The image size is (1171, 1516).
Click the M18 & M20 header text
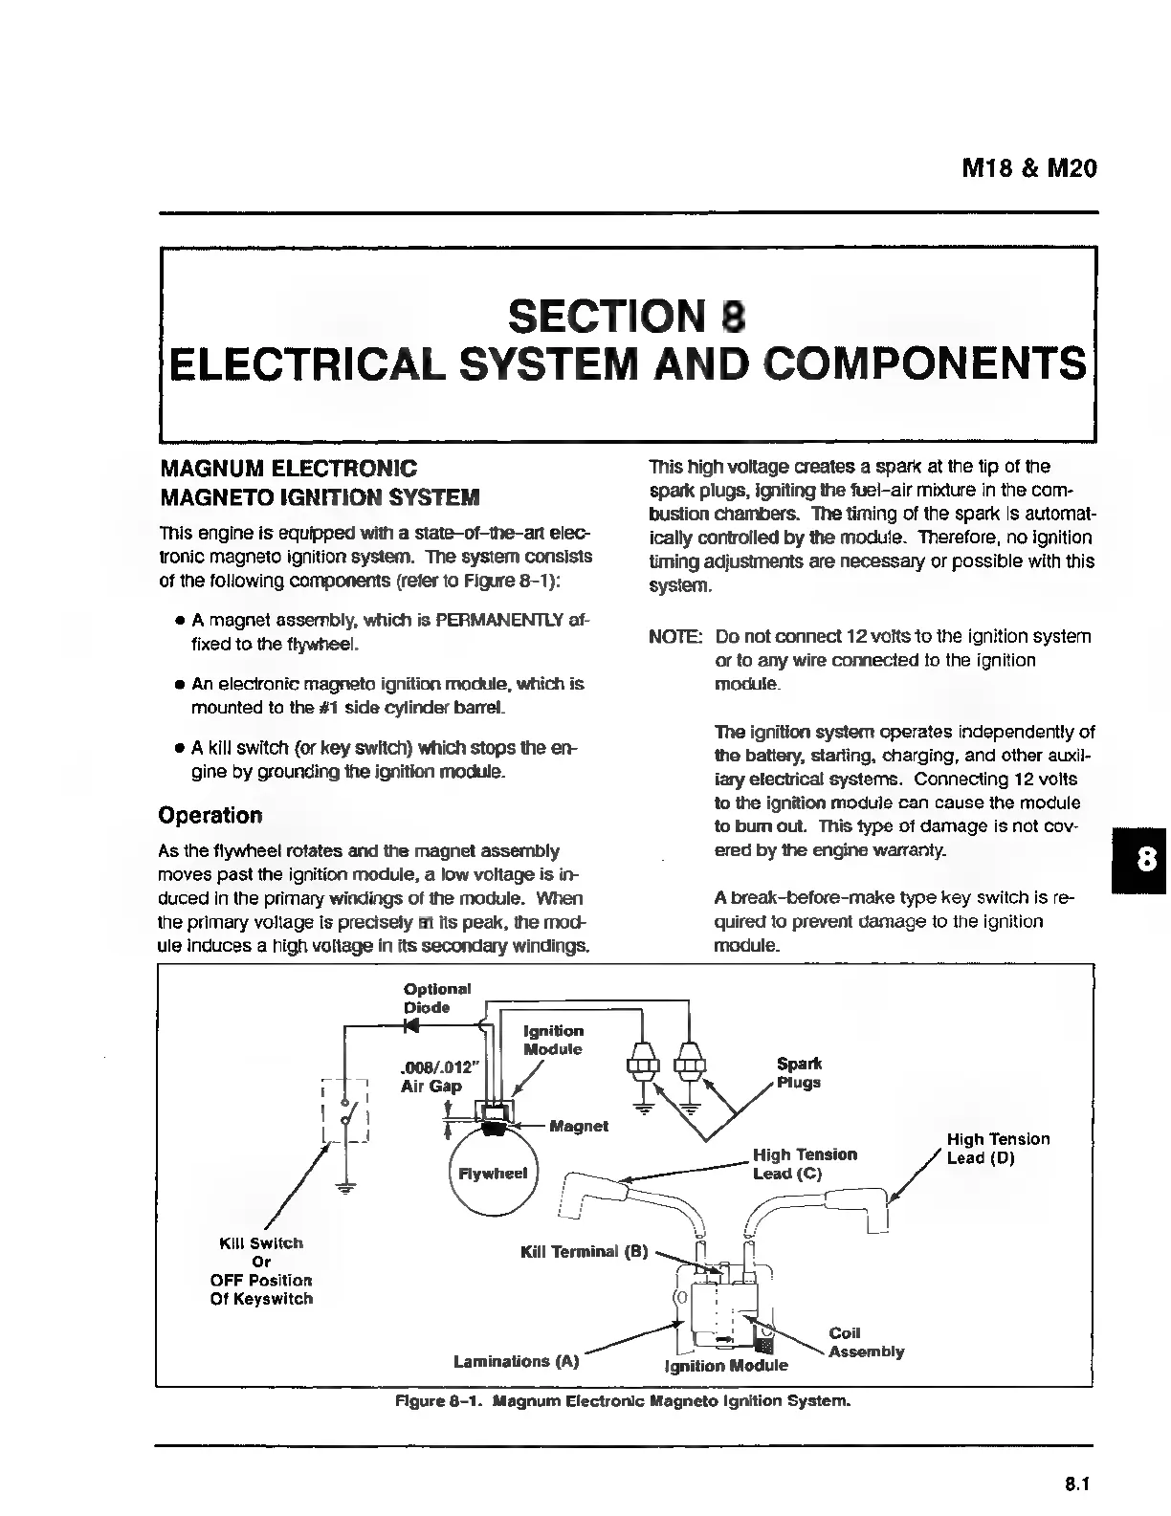1028,169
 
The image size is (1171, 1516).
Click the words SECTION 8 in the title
627,316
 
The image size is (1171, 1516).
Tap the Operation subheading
210,816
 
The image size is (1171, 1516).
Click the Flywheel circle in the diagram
494,1174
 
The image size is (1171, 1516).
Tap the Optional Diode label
436,998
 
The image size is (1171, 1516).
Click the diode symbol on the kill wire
413,1026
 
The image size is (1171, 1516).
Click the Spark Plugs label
799,1073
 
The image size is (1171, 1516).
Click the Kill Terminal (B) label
585,1252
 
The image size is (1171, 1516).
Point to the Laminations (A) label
517,1361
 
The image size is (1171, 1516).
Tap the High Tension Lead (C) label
805,1164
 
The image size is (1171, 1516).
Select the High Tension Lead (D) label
998,1149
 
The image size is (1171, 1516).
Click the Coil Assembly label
865,1342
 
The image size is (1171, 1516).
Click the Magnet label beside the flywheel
579,1126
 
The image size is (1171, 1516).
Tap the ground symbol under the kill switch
345,1189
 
